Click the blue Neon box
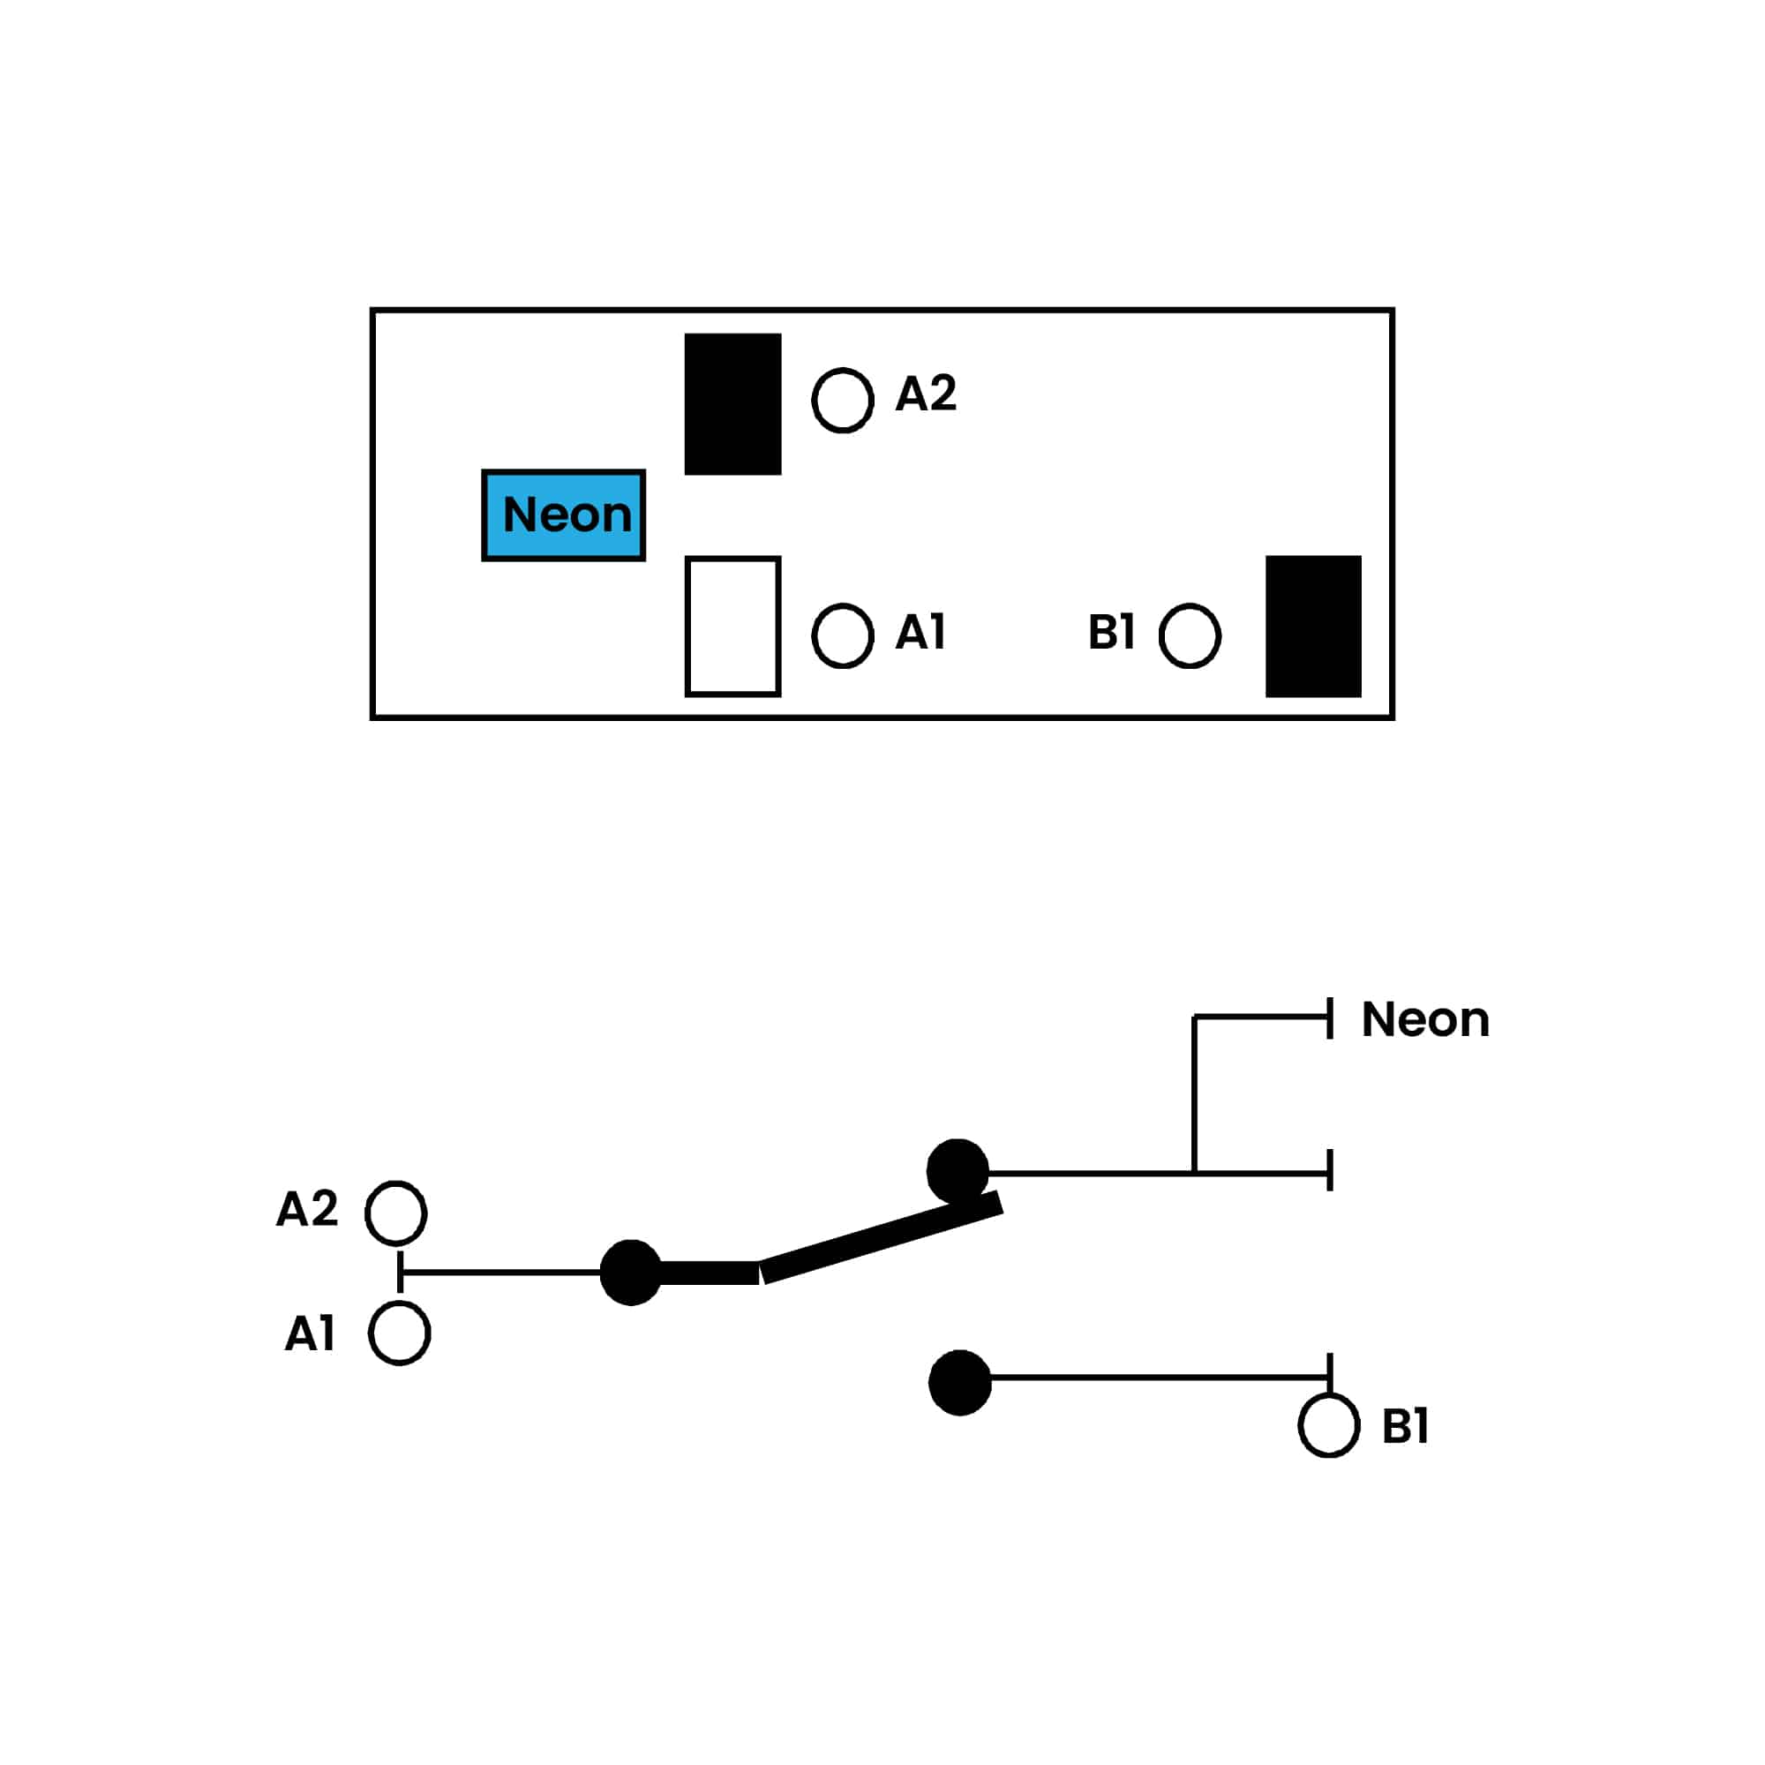click(x=564, y=515)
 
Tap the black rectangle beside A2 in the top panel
click(x=732, y=404)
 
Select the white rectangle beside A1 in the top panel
click(x=732, y=627)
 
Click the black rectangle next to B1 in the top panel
click(x=1313, y=627)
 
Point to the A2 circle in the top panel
click(x=842, y=400)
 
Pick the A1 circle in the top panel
click(x=842, y=635)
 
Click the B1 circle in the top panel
click(x=1190, y=635)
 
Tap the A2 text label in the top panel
click(x=926, y=394)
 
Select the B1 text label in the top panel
click(x=1111, y=632)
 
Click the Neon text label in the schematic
click(x=1425, y=1019)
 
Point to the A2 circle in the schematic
click(x=395, y=1213)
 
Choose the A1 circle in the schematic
click(x=399, y=1333)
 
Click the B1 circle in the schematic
click(x=1329, y=1425)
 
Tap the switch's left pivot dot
click(x=630, y=1273)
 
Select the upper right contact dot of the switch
click(x=958, y=1171)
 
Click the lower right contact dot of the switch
click(x=959, y=1382)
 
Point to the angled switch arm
click(x=882, y=1237)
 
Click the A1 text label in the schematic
click(x=310, y=1333)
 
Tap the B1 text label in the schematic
click(x=1405, y=1426)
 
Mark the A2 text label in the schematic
click(x=307, y=1210)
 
